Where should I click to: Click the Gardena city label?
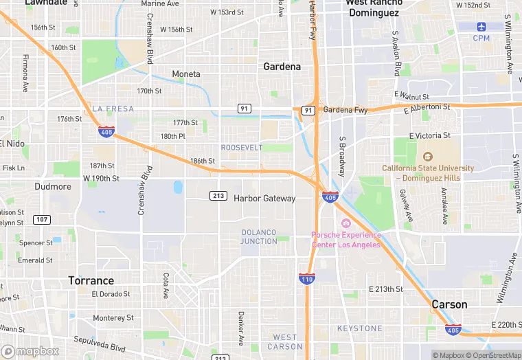click(x=282, y=67)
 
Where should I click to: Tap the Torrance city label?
click(x=91, y=281)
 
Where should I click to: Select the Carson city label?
click(x=449, y=304)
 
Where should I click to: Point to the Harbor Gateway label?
click(x=264, y=199)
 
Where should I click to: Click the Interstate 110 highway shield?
click(x=307, y=278)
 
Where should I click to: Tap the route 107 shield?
click(x=41, y=220)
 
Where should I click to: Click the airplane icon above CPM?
click(x=481, y=27)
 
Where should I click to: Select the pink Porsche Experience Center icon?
click(x=345, y=224)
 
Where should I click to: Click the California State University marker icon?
click(x=428, y=157)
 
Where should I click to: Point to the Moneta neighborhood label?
click(x=186, y=74)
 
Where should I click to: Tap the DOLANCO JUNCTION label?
click(x=259, y=237)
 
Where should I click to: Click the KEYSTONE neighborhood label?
click(x=359, y=328)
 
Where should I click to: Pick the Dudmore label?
click(x=53, y=186)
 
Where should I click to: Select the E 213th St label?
click(x=385, y=289)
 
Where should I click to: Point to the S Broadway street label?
click(x=341, y=155)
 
